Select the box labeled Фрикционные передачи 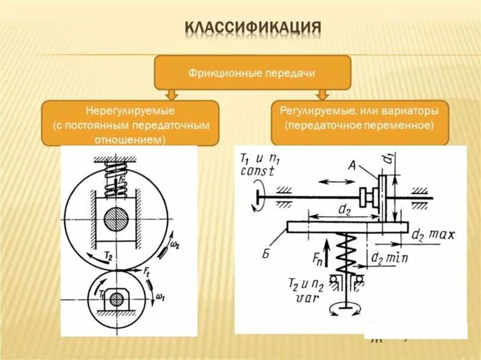(253, 73)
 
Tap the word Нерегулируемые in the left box (130, 112)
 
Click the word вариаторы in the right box (411, 112)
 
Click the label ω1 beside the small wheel (160, 297)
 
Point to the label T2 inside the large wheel (108, 255)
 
